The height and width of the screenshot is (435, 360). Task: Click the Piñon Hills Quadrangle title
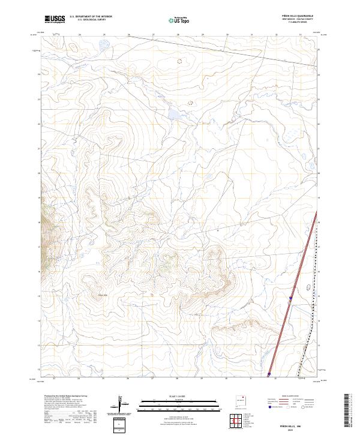click(x=298, y=16)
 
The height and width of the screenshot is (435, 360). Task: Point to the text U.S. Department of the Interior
click(x=91, y=16)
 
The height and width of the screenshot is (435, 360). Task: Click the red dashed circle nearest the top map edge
click(x=178, y=61)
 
